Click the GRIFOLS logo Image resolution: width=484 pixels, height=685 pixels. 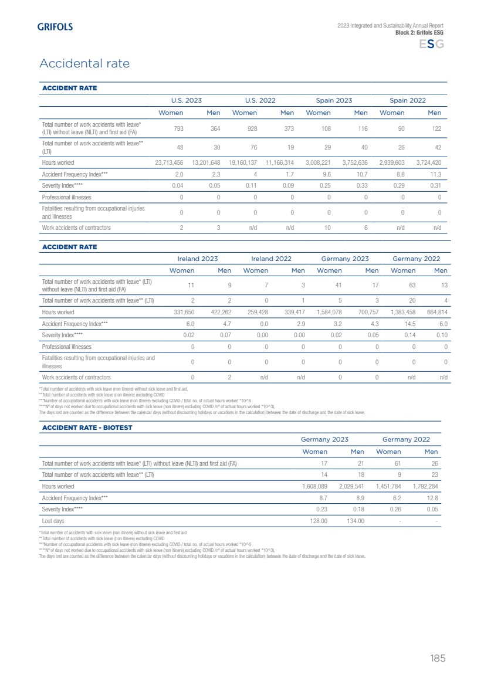pyautogui.click(x=55, y=26)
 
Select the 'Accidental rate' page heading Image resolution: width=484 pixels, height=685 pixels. pyautogui.click(x=84, y=63)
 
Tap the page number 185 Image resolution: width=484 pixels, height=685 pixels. pyautogui.click(x=438, y=658)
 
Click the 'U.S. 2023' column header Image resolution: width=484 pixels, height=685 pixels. pyautogui.click(x=186, y=100)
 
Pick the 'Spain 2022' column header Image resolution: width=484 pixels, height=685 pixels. pyautogui.click(x=408, y=100)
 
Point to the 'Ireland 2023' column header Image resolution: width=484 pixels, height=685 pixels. pyautogui.click(x=198, y=259)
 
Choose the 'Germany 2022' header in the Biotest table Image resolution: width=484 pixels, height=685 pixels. pyautogui.click(x=406, y=439)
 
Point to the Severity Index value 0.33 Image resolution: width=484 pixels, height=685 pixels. pyautogui.click(x=360, y=185)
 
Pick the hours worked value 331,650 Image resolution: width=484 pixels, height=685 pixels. pyautogui.click(x=181, y=312)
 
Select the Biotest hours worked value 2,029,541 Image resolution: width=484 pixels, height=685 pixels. pyautogui.click(x=351, y=486)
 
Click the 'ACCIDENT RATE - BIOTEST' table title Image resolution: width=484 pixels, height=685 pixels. pyautogui.click(x=87, y=428)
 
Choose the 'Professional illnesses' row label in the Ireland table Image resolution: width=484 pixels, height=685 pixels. pyautogui.click(x=67, y=347)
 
